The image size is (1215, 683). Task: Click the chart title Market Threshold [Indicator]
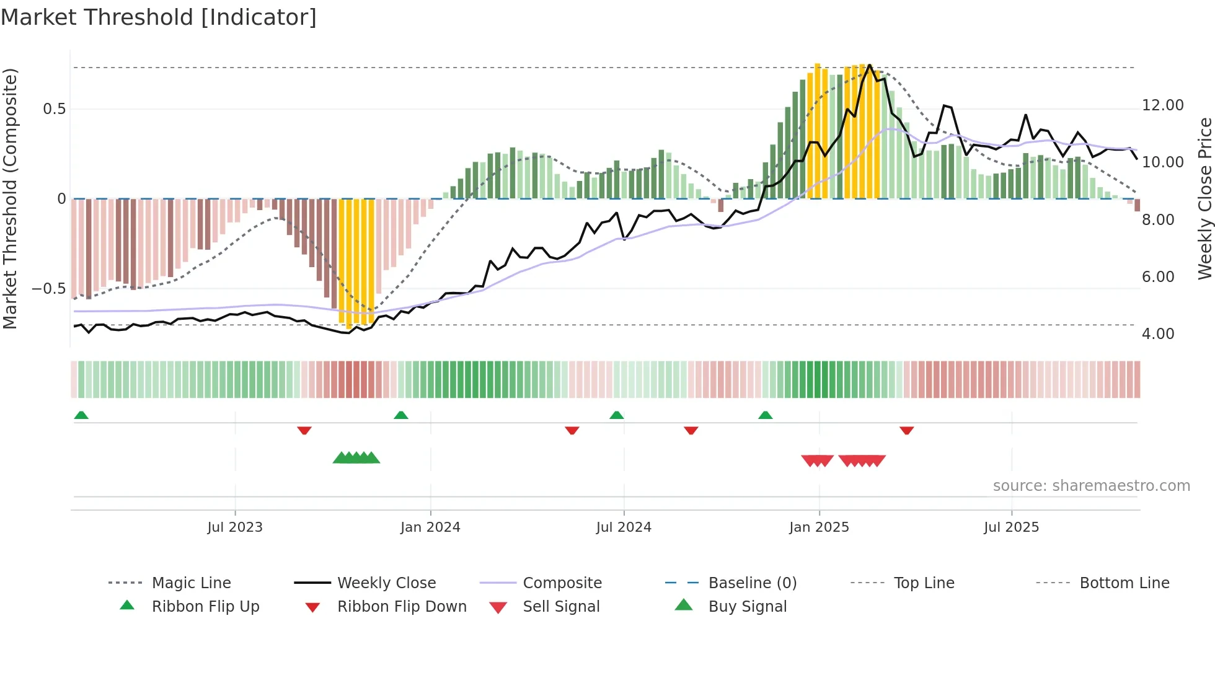[x=159, y=17]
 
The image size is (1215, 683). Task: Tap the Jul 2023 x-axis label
[x=235, y=527]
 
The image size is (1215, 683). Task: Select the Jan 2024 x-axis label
[x=430, y=527]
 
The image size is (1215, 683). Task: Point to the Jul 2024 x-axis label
[x=624, y=527]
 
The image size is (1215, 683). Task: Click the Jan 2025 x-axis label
[x=819, y=527]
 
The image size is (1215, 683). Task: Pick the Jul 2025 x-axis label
[x=1011, y=527]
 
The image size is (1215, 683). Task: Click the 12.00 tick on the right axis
[x=1162, y=105]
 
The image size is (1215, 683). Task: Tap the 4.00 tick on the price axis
[x=1158, y=334]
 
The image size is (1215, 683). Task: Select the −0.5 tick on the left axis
[x=48, y=289]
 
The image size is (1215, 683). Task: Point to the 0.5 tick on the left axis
[x=54, y=109]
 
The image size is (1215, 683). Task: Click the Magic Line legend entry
[x=191, y=583]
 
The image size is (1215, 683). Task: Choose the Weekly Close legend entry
[x=386, y=583]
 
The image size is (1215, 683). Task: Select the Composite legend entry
[x=562, y=583]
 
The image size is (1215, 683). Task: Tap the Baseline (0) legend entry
[x=752, y=583]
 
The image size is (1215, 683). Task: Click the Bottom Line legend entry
[x=1124, y=583]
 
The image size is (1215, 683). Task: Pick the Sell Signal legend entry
[x=560, y=607]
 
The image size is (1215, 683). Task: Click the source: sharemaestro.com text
[x=1091, y=486]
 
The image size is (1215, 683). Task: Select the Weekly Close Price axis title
[x=1204, y=198]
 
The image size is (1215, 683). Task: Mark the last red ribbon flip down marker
[x=906, y=430]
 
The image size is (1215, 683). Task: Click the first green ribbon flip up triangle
[x=81, y=415]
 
